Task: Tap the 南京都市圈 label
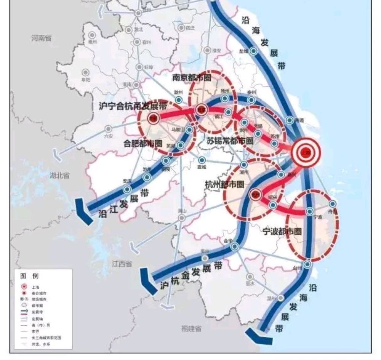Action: [x=192, y=78]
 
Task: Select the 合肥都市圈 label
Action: [x=143, y=144]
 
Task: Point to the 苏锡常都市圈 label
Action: [x=230, y=141]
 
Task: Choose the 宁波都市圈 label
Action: [x=282, y=231]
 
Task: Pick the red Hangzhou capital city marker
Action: [x=255, y=194]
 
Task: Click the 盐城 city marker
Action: [x=253, y=51]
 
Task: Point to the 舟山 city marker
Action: [x=333, y=204]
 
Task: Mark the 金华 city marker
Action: [x=235, y=246]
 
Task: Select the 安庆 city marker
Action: [x=127, y=189]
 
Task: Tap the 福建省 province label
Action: [x=191, y=328]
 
